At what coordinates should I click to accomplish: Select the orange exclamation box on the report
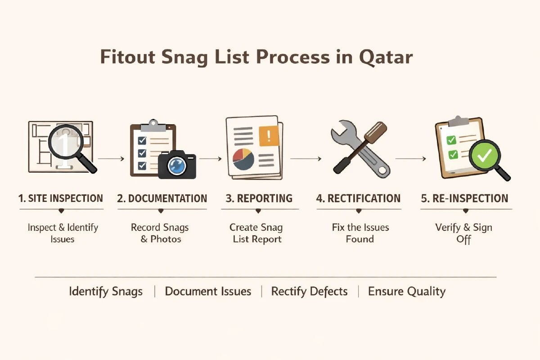click(269, 135)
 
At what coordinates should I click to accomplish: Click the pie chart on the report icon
click(243, 158)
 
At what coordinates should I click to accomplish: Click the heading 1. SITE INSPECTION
click(61, 198)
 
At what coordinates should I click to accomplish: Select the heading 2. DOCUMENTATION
click(162, 198)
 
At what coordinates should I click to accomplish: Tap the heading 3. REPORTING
click(258, 198)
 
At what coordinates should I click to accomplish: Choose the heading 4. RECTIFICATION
click(358, 198)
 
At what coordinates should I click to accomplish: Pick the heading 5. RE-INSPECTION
click(464, 198)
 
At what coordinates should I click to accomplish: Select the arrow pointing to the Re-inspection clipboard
click(410, 158)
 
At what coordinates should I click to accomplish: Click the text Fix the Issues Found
click(360, 233)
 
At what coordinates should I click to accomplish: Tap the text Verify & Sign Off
click(464, 233)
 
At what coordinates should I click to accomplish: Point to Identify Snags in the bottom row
click(106, 292)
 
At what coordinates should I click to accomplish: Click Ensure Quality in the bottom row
click(407, 292)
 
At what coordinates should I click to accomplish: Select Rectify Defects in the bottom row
click(309, 292)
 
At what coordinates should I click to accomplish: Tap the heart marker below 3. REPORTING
click(258, 211)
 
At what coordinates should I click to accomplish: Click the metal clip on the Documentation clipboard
click(153, 123)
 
